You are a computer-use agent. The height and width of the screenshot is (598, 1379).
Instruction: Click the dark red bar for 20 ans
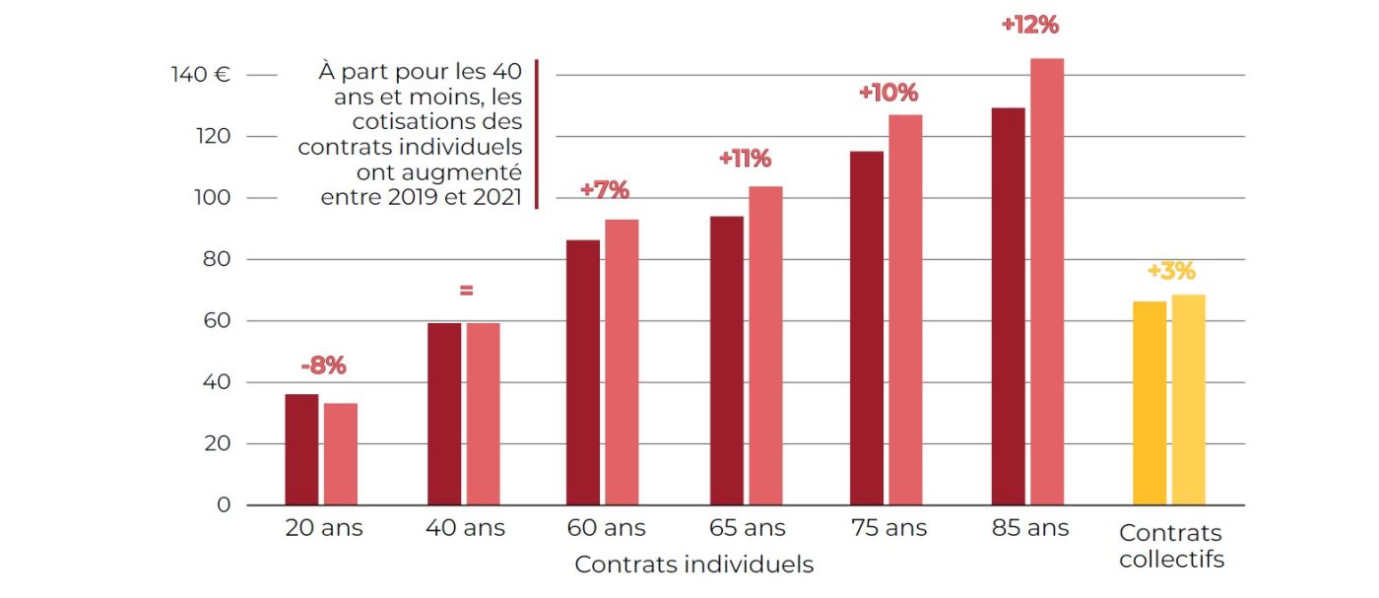301,449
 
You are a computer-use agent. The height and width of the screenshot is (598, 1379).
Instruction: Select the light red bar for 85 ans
1046,282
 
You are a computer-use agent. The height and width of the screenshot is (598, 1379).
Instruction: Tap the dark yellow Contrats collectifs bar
1149,403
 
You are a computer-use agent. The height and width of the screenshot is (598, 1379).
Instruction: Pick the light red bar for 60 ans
622,362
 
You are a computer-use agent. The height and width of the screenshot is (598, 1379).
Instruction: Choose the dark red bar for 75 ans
866,328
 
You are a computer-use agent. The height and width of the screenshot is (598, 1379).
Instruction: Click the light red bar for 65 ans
765,345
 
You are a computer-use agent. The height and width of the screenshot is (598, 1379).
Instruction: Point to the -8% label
323,366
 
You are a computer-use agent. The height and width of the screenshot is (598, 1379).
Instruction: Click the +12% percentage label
1029,26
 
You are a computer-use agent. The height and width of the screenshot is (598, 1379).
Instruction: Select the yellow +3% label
1171,271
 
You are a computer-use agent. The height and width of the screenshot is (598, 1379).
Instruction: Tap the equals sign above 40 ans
466,291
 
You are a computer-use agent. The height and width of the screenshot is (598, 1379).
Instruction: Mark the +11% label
745,159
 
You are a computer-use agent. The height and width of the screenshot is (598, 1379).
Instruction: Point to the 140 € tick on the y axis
200,75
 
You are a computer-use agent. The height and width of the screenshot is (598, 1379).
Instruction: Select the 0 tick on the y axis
224,505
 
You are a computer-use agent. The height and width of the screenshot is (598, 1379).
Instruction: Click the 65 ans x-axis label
748,528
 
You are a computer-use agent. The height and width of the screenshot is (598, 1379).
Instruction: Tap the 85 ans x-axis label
1030,528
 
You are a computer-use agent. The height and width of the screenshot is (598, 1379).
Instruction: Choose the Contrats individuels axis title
693,565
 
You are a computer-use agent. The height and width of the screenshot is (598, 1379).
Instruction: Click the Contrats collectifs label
1170,547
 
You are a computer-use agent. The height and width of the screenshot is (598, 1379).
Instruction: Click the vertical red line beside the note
537,134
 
